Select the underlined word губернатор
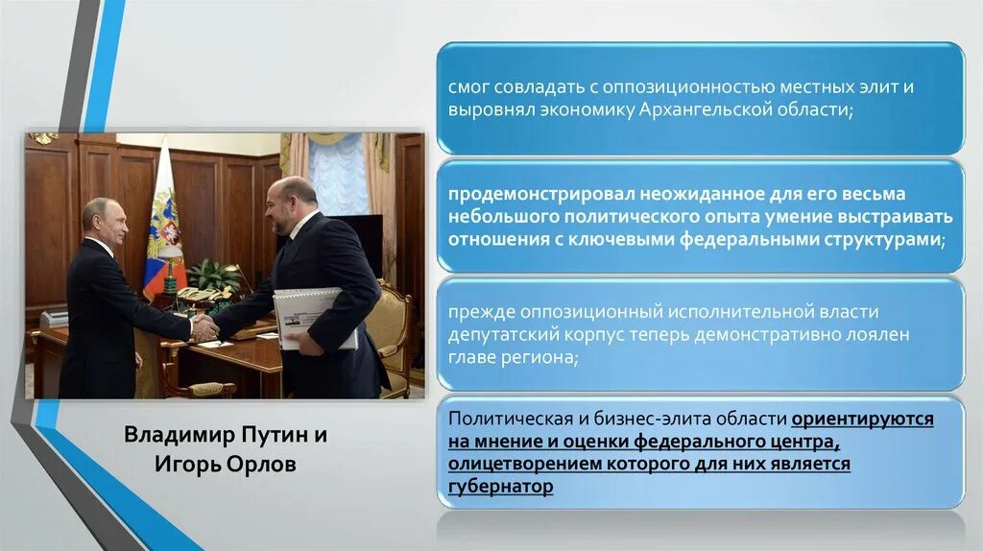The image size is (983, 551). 500,486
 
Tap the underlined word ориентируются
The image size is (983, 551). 862,419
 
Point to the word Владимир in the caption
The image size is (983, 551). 169,435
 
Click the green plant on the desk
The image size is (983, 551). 214,275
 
